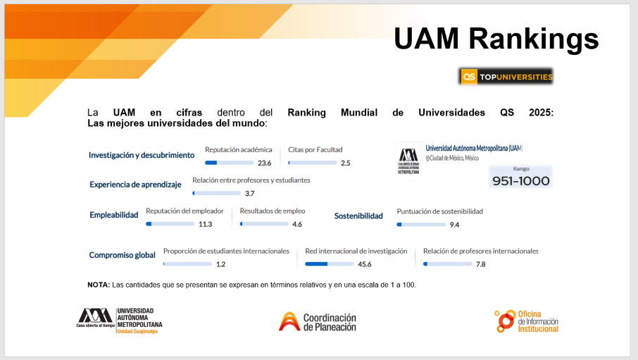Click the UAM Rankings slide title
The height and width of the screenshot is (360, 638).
click(496, 39)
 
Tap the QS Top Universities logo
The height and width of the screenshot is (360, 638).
click(506, 77)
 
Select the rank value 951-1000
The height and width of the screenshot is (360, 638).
click(521, 181)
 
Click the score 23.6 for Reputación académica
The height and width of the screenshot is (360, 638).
click(265, 163)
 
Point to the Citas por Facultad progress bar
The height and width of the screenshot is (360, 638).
click(313, 163)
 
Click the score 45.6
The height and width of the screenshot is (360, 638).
click(365, 264)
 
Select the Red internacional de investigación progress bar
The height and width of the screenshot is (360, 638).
click(330, 264)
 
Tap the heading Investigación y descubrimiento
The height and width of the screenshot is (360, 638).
click(142, 155)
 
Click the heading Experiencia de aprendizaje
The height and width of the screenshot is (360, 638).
click(135, 185)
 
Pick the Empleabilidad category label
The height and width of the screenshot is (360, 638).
click(114, 215)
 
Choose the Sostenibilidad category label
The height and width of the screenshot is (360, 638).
click(358, 216)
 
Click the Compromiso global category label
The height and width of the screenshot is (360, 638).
click(122, 255)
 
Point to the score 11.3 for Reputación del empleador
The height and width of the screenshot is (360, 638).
click(206, 225)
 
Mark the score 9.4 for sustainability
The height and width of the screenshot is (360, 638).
click(454, 225)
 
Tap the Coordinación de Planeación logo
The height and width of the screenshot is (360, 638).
click(318, 322)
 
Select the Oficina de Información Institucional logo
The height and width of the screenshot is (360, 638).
click(527, 321)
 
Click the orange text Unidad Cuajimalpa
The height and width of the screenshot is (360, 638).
click(137, 332)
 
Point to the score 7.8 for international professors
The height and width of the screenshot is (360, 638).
click(480, 264)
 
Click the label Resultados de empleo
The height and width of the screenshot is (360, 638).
click(273, 211)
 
